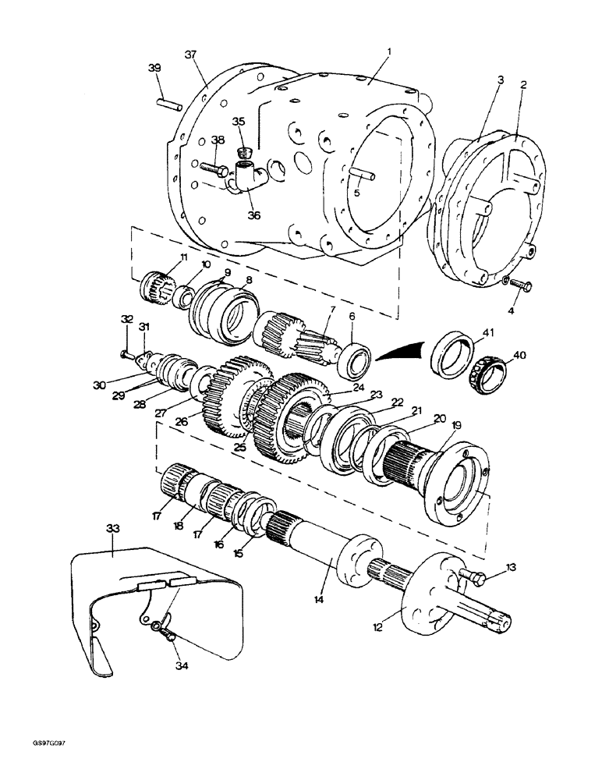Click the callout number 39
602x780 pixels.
pyautogui.click(x=154, y=69)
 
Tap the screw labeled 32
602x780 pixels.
pyautogui.click(x=126, y=355)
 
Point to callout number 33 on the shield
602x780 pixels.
pyautogui.click(x=113, y=529)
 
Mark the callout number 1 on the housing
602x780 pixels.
pyautogui.click(x=391, y=52)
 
